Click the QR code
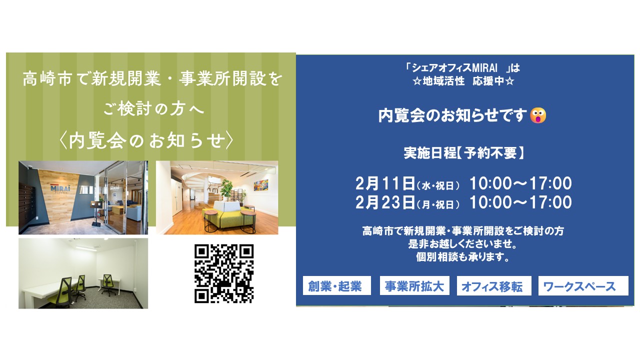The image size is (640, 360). point(223,273)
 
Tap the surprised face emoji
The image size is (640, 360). point(538,115)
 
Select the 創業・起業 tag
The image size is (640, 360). point(336,286)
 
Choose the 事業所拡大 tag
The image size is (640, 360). point(414,286)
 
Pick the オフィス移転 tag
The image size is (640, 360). point(493,286)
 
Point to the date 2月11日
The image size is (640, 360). point(385,183)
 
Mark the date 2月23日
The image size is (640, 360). point(385,202)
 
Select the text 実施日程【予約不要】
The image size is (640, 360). point(464,153)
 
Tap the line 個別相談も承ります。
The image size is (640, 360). point(463,258)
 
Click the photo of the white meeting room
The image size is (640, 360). point(83,273)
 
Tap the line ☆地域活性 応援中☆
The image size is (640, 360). point(463,80)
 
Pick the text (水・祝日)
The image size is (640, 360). point(438,186)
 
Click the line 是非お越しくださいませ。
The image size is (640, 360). point(463,245)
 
